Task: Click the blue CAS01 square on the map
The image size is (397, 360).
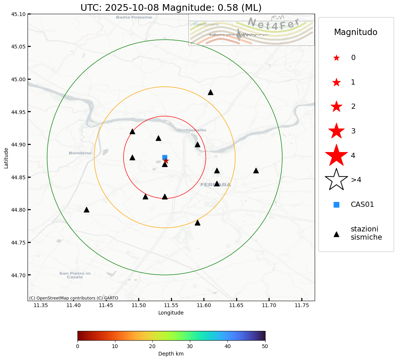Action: coord(165,157)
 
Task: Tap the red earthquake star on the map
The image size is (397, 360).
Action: coord(166,161)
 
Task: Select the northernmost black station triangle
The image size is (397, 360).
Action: coord(210,92)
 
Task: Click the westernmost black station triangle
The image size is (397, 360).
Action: coord(86,210)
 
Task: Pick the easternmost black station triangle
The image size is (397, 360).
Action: coord(256,170)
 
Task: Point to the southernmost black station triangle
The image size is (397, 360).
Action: coord(197,222)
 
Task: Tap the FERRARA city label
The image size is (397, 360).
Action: coord(216,184)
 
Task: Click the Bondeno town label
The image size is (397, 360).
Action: coord(80,153)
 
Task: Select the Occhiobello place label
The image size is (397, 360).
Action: coord(191,130)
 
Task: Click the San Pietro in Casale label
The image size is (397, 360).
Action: coord(75,275)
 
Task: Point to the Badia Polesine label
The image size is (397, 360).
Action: coord(134,17)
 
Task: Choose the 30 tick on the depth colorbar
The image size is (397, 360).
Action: coord(190,346)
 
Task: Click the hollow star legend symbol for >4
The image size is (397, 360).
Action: coord(336,180)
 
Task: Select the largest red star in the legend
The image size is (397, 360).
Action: coord(336,155)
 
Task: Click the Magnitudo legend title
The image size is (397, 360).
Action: coord(356,32)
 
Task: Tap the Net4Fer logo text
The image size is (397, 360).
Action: coord(273,25)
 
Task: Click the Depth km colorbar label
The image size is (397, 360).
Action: coord(171,354)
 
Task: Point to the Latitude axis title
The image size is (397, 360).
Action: coord(6,158)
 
